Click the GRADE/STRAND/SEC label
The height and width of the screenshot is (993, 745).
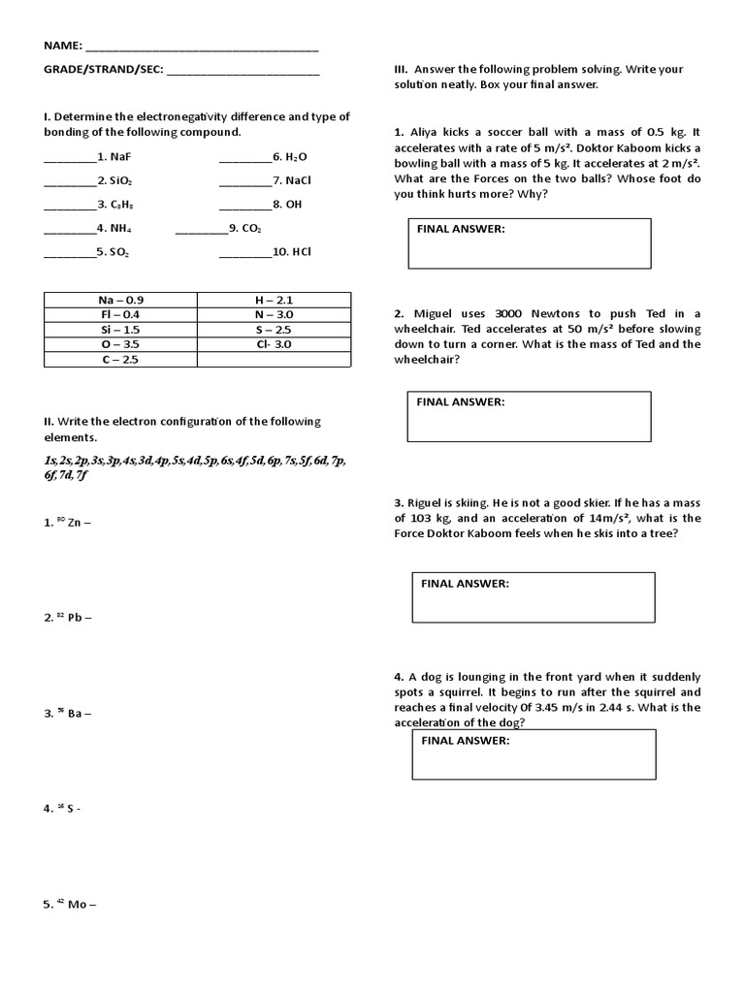103,70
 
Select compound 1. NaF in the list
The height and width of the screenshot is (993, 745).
120,156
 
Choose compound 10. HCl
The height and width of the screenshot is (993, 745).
296,252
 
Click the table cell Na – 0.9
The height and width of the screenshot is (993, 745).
120,300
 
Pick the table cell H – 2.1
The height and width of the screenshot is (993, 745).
274,300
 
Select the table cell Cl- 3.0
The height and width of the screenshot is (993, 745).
274,344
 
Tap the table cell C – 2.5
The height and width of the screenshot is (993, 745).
120,360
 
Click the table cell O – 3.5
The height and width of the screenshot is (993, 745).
120,344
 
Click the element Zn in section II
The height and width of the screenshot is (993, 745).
75,523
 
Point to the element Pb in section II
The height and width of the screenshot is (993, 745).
75,619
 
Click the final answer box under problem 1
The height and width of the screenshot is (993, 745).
529,243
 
